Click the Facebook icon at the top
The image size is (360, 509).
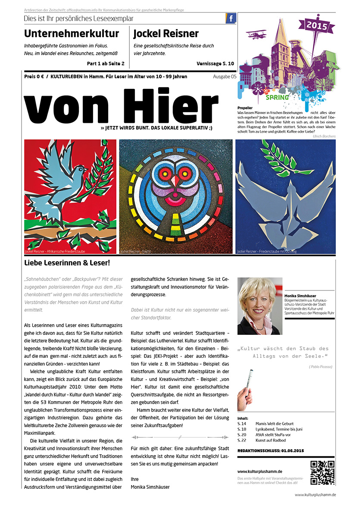231,19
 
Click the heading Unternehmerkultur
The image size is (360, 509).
71,34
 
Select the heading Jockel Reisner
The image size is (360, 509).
166,34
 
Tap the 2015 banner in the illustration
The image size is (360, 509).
317,26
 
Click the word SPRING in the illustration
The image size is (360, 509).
277,97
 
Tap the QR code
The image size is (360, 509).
323,473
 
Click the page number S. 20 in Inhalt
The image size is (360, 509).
242,434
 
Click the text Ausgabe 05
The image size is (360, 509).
225,77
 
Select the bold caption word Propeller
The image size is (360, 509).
245,107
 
